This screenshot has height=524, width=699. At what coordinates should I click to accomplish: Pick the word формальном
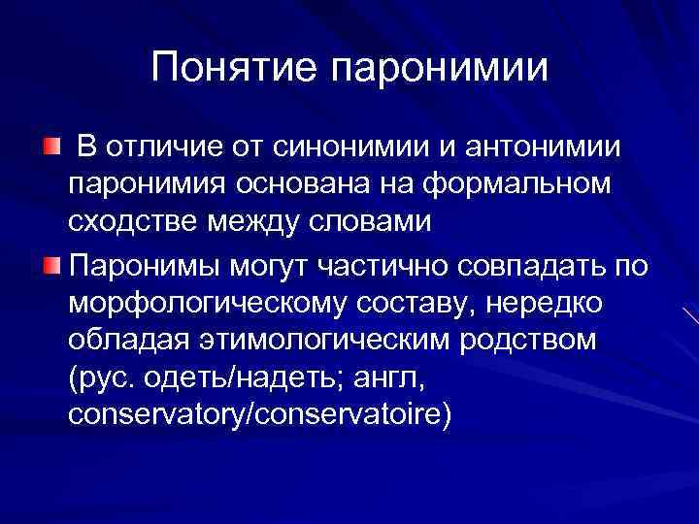point(509,185)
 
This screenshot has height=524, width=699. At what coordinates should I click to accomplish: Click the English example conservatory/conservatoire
point(260,417)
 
